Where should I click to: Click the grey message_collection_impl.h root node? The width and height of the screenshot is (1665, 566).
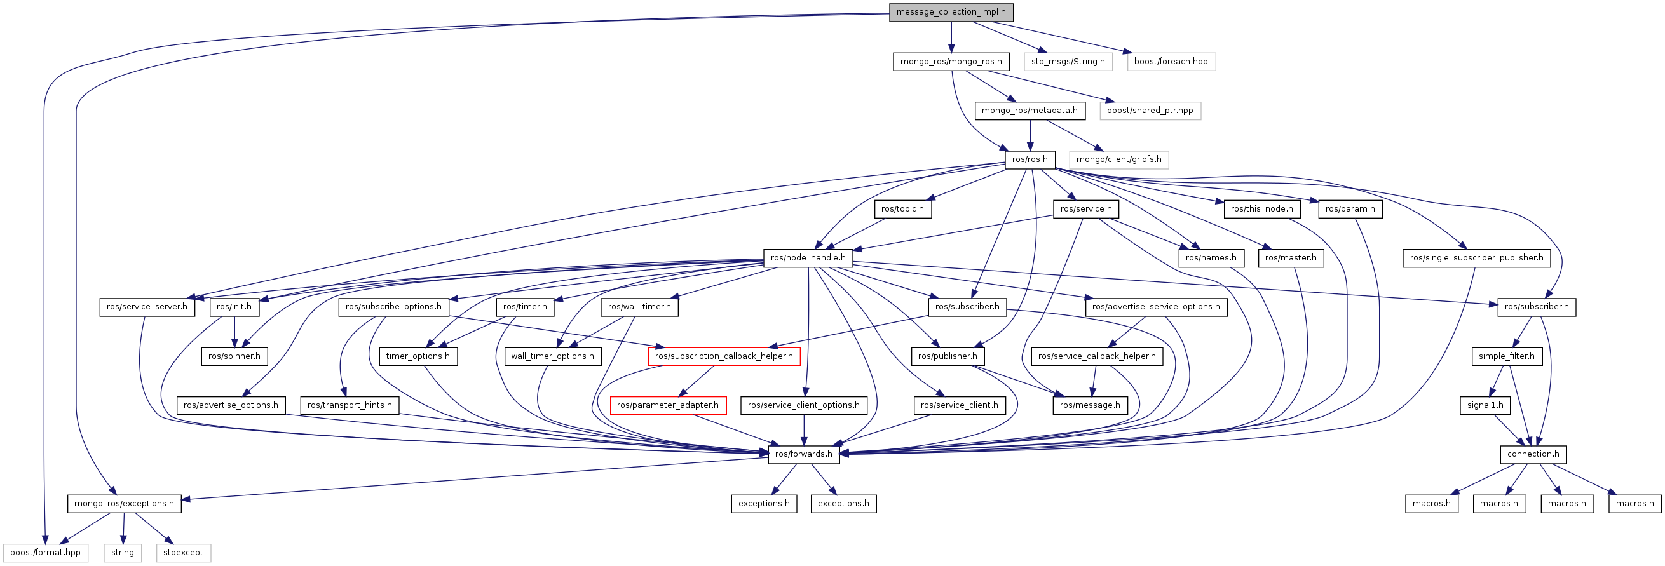coord(951,12)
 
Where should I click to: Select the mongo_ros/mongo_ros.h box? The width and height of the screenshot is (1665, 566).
coord(951,62)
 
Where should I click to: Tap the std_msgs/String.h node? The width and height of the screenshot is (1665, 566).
coord(1068,62)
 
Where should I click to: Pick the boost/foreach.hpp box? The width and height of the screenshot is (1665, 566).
coord(1171,62)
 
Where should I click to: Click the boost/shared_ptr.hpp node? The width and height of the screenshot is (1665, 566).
coord(1150,111)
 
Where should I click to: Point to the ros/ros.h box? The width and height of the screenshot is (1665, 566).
coord(1030,159)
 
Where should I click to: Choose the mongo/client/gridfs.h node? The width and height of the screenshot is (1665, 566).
coord(1119,159)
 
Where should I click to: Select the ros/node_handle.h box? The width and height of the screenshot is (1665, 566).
coord(808,258)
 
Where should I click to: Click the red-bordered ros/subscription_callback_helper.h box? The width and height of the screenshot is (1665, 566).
coord(724,356)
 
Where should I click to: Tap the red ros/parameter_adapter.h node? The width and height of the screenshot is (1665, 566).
coord(668,405)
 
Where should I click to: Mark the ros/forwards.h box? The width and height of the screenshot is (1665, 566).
coord(803,454)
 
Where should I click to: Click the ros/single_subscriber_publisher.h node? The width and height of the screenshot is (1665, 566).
coord(1476,258)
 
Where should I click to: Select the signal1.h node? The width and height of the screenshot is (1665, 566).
coord(1485,405)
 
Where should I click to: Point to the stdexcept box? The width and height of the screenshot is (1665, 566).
coord(183,553)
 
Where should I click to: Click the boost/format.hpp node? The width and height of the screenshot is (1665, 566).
coord(45,553)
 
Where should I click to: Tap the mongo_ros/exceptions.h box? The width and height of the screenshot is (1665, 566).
coord(124,503)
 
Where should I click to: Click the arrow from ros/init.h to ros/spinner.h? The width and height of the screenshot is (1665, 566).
coord(234,332)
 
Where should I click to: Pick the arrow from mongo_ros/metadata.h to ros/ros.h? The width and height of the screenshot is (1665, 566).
coord(1030,135)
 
